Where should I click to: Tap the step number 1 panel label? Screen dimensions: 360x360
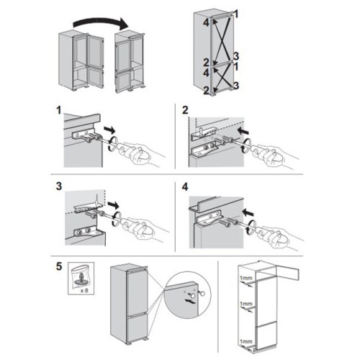59,111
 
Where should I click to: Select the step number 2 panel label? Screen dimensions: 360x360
185,110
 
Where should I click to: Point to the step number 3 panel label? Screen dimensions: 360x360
59,186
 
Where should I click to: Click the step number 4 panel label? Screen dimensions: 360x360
185,187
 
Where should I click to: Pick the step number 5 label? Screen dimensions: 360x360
59,266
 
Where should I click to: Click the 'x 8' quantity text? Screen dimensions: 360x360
84,291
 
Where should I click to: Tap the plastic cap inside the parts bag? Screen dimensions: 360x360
80,280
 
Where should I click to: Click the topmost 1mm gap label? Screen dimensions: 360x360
246,279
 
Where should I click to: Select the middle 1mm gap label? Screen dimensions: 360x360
246,304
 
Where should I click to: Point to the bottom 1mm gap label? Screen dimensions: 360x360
246,341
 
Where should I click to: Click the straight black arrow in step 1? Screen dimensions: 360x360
109,130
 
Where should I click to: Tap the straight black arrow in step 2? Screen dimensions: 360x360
243,131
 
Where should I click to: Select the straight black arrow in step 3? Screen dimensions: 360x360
113,205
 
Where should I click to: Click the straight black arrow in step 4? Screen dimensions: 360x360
248,212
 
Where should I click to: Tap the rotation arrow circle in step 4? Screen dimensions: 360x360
251,226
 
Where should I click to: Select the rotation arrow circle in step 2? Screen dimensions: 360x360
246,146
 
